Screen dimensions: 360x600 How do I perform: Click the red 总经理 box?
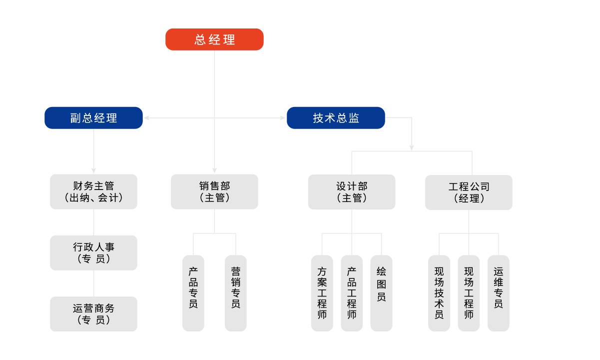click(214, 39)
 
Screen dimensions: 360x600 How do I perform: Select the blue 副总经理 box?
click(93, 118)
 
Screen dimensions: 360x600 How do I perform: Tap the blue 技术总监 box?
click(336, 118)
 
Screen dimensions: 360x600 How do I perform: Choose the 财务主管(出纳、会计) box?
click(93, 191)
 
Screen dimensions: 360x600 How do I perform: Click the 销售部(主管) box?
click(214, 191)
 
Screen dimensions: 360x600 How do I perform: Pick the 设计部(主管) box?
click(351, 191)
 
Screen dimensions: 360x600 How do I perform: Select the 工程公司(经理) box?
click(469, 192)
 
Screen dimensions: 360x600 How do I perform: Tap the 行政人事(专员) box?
click(93, 252)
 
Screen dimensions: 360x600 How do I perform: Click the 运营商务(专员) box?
click(93, 313)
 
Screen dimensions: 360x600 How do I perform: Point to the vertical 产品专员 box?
click(193, 293)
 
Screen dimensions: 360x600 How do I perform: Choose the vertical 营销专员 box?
click(236, 293)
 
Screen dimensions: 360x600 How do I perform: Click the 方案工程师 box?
click(322, 293)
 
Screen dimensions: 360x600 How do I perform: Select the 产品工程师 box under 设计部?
click(352, 293)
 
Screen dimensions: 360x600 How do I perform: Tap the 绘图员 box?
click(381, 293)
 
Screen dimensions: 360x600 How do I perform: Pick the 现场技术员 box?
click(439, 293)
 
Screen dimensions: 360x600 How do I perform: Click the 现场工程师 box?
click(469, 293)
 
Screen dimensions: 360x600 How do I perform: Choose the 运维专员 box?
click(498, 293)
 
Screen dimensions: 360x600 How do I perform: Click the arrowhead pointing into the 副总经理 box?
click(146, 118)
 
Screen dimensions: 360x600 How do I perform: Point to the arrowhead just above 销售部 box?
click(214, 171)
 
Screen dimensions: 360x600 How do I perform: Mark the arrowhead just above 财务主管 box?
click(93, 171)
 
